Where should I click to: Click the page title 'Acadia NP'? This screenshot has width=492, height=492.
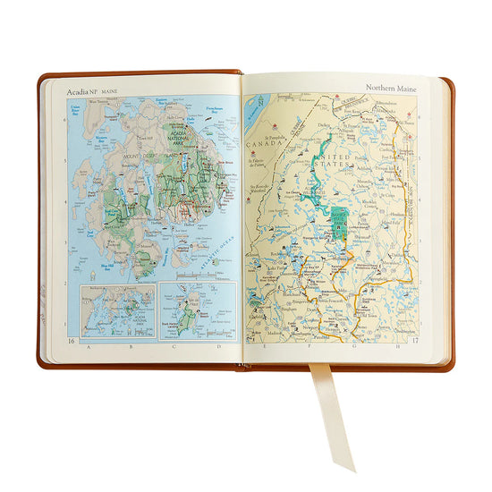coord(83,89)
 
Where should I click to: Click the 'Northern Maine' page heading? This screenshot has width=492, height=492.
coord(391,88)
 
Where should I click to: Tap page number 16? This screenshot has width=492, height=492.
coord(72,341)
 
